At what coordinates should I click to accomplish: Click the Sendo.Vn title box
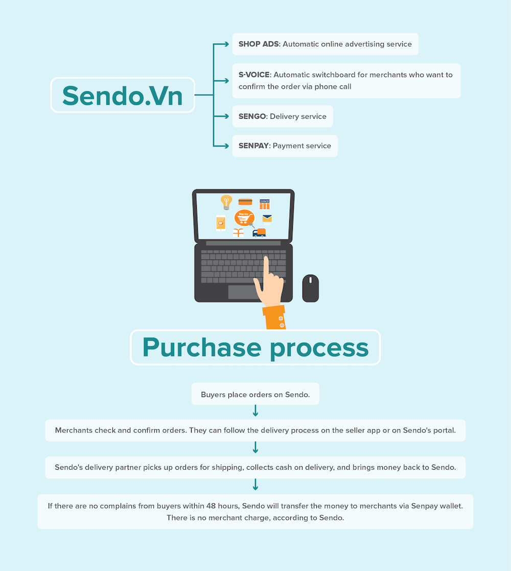click(x=123, y=95)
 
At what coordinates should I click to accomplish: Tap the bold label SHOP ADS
click(x=259, y=44)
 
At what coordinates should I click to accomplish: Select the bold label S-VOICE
click(x=254, y=75)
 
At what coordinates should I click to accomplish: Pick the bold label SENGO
click(x=252, y=117)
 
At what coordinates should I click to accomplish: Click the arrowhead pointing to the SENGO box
click(x=226, y=116)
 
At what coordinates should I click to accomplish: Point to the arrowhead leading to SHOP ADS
click(x=226, y=44)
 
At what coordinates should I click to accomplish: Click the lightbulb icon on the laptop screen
click(x=226, y=202)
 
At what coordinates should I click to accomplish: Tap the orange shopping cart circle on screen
click(x=244, y=218)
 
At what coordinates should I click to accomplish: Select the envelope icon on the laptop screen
click(x=267, y=218)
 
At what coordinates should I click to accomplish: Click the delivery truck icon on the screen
click(x=259, y=233)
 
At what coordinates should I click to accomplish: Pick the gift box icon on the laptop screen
click(x=238, y=233)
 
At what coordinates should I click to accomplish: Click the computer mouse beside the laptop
click(x=311, y=288)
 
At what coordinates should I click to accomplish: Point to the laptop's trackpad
click(x=243, y=292)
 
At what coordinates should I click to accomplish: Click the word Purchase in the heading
click(x=202, y=347)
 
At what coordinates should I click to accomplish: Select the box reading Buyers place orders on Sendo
click(x=255, y=393)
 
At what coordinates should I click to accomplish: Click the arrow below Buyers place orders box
click(x=255, y=411)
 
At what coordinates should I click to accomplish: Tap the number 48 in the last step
click(x=211, y=506)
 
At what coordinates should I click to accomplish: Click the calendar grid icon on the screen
click(x=264, y=204)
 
